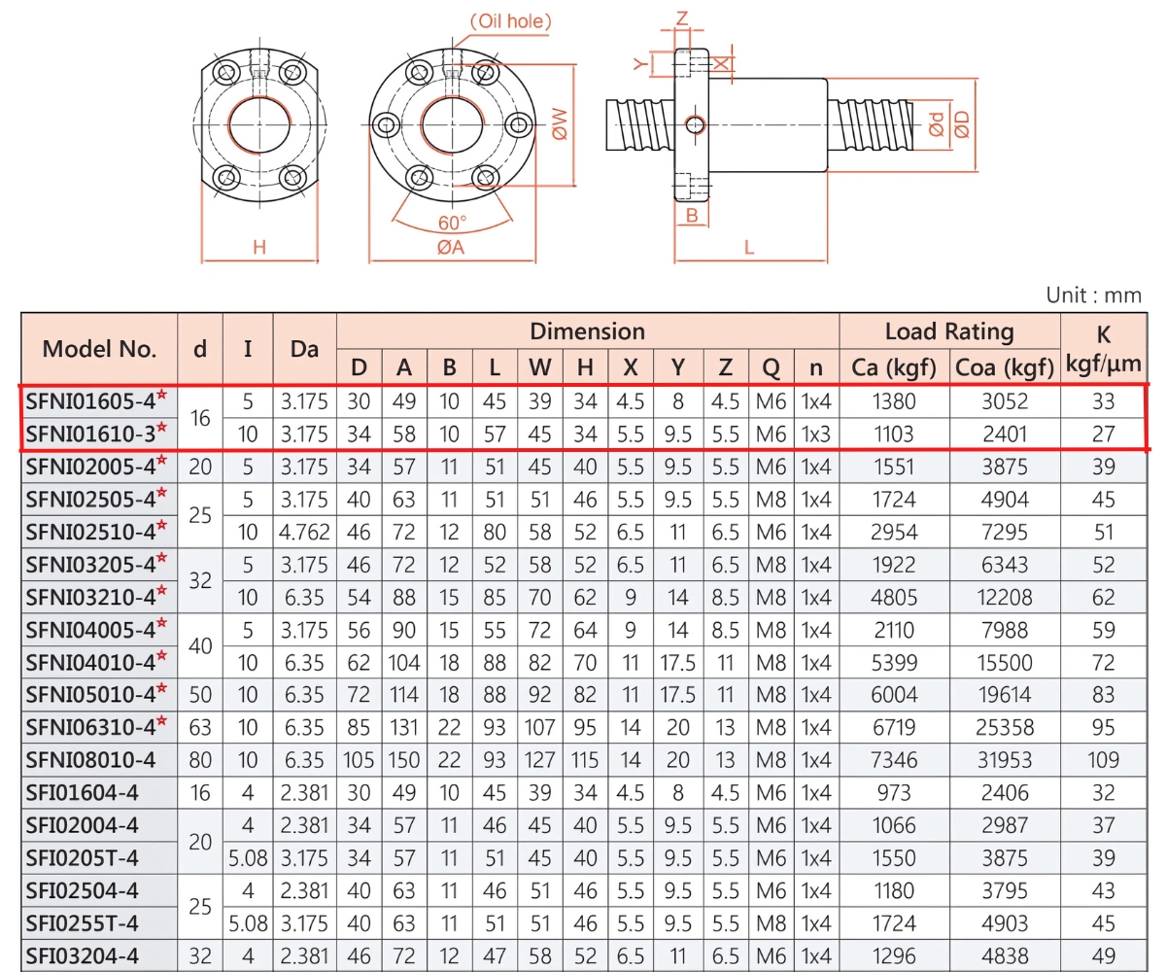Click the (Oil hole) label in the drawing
click(511, 20)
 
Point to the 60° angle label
click(452, 222)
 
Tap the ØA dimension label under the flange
click(450, 247)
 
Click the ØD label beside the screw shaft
click(961, 124)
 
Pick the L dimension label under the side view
click(749, 247)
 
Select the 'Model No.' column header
click(99, 349)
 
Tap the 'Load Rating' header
click(948, 331)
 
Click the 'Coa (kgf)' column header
click(1004, 367)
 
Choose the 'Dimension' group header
click(587, 331)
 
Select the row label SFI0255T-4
click(83, 922)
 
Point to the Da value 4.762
click(305, 532)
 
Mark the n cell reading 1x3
click(815, 434)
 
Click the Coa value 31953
click(1004, 760)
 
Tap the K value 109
click(1103, 760)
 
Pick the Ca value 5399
click(893, 663)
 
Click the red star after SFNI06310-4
click(162, 721)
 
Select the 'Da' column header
click(305, 349)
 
